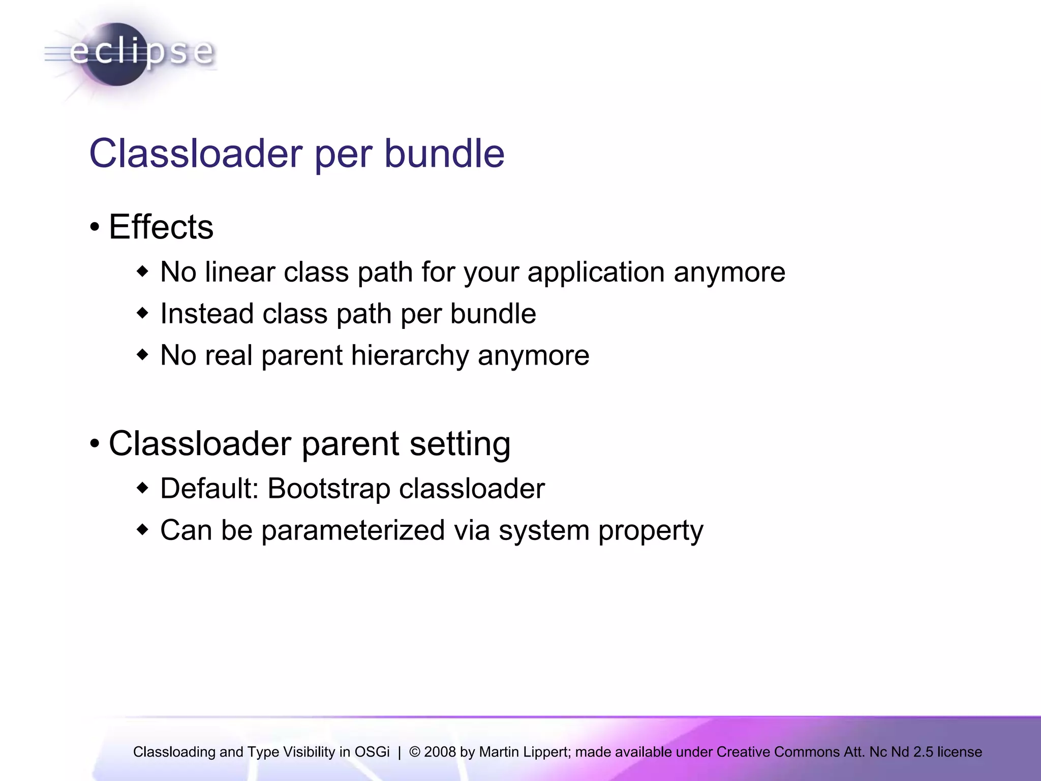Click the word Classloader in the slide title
196,154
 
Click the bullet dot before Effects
95,227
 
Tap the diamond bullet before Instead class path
143,313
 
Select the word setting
460,444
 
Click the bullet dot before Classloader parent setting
95,444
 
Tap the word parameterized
353,531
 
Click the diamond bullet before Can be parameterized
143,530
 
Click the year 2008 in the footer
440,752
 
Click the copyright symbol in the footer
414,752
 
